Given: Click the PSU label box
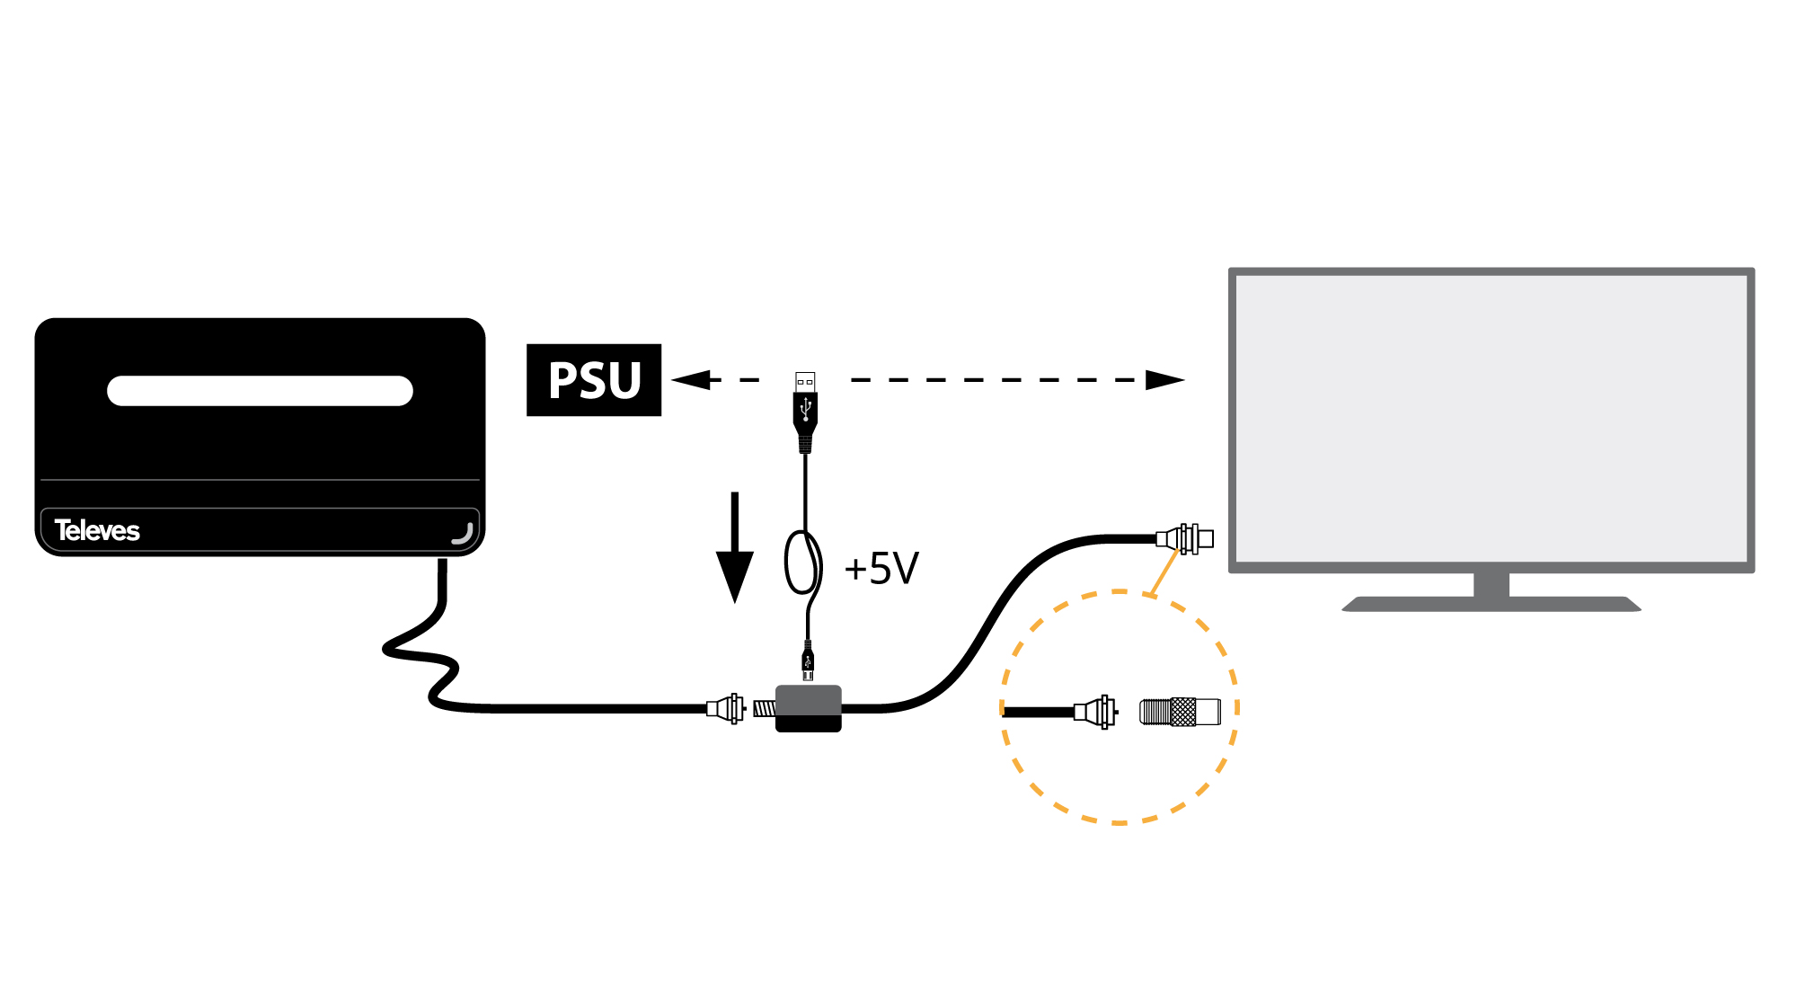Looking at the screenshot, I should (594, 380).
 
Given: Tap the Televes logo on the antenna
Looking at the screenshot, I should (97, 530).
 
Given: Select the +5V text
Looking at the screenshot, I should (881, 569).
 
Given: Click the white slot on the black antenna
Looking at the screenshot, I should (260, 391).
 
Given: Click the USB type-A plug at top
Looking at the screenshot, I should (805, 409).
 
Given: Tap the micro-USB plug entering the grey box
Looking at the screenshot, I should (808, 663).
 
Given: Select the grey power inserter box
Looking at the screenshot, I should (809, 708).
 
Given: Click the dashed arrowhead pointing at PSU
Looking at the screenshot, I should (690, 380).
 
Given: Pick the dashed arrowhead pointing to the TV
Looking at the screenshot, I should (1164, 380).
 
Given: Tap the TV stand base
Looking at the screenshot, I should (1492, 604).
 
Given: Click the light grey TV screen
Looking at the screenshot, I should (1492, 418).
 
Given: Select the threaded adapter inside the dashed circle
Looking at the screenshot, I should (1180, 712).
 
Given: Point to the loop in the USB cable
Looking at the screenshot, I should (802, 563).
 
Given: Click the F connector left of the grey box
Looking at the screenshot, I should (726, 708).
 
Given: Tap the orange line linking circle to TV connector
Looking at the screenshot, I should (1164, 572).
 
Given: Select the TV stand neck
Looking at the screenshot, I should (1492, 584).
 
